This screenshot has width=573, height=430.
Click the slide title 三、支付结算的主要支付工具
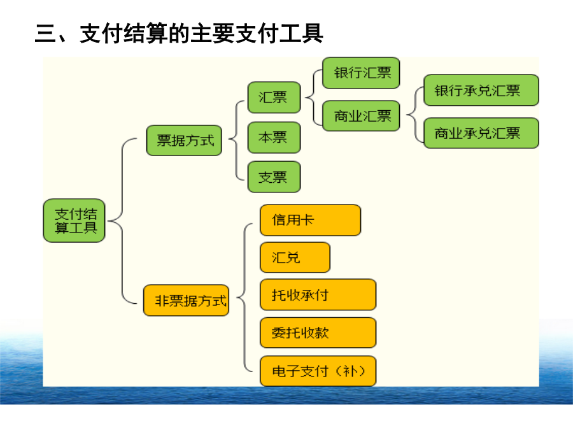click(x=179, y=33)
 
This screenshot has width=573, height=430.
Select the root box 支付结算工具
click(x=74, y=220)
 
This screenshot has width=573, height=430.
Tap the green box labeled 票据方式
click(x=184, y=140)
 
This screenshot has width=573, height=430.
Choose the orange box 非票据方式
click(x=187, y=300)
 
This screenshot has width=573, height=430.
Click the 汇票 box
click(x=274, y=97)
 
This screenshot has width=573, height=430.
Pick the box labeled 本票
click(x=274, y=138)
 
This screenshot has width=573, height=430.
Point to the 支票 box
click(x=274, y=177)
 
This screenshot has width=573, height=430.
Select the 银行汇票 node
click(x=361, y=73)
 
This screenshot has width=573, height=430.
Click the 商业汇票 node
click(x=361, y=116)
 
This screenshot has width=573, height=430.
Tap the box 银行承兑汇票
click(x=481, y=90)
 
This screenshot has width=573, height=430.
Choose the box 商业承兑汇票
click(x=481, y=133)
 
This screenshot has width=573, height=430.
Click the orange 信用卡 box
click(x=310, y=220)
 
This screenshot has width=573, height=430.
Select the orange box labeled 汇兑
click(x=295, y=257)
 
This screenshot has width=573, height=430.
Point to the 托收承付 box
click(x=318, y=295)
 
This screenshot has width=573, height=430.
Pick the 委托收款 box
click(x=318, y=333)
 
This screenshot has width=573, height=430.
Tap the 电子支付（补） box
click(x=318, y=371)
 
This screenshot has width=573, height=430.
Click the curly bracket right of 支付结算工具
click(x=122, y=221)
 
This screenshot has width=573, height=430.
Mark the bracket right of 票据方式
click(x=236, y=140)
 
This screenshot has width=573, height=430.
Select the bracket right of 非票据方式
click(x=244, y=297)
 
